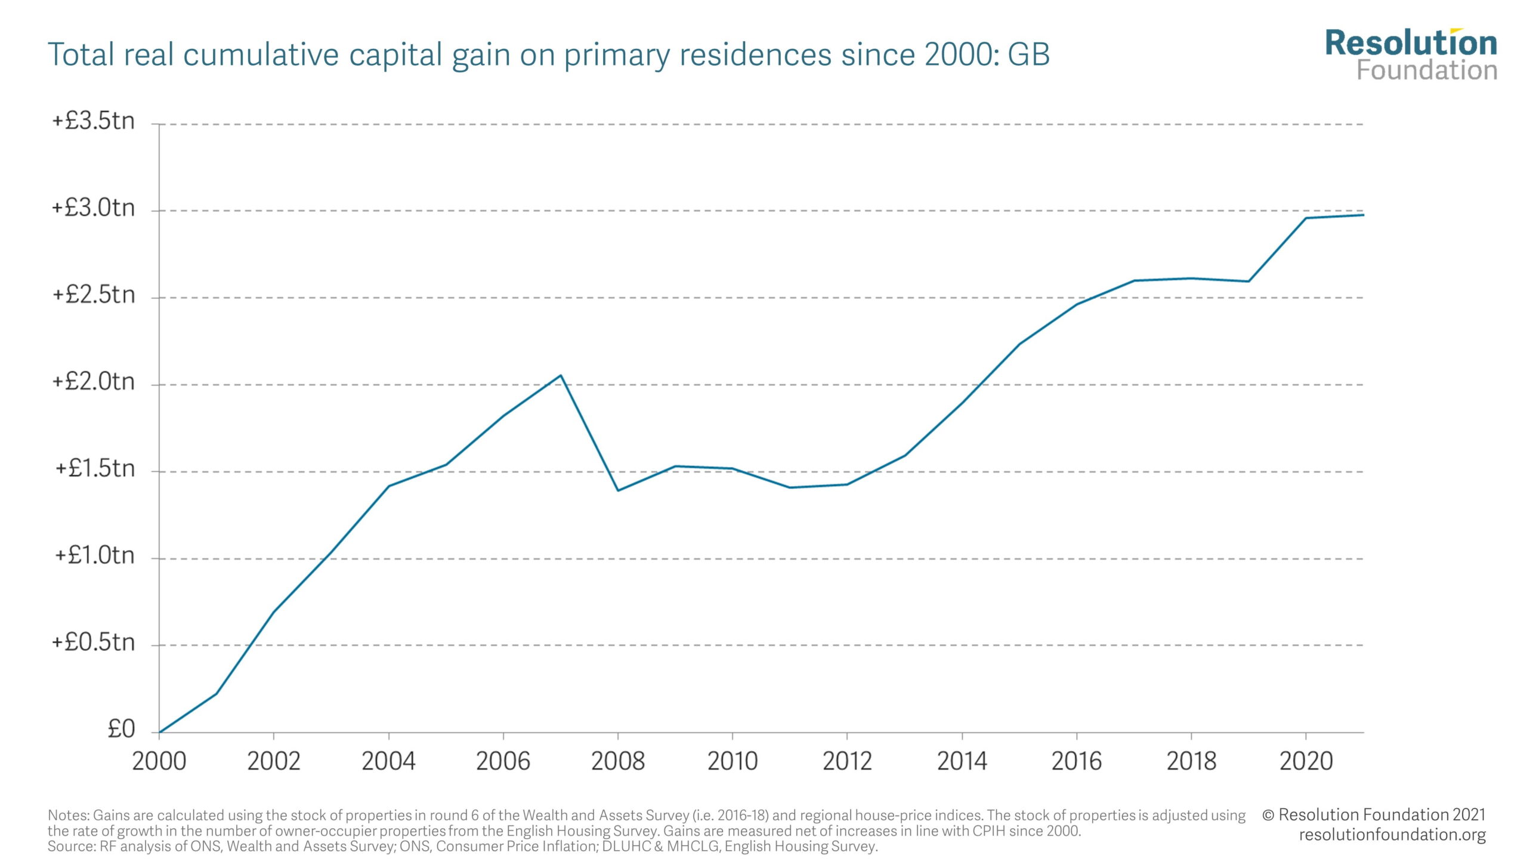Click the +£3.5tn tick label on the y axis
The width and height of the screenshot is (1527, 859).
(x=94, y=122)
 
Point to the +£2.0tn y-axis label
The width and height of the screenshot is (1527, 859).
(x=94, y=382)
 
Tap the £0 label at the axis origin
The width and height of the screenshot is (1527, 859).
(x=121, y=729)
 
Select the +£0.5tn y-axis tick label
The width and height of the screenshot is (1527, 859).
(x=94, y=642)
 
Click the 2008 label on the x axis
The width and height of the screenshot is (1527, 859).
(x=618, y=761)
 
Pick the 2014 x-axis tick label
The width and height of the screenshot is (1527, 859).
(x=962, y=761)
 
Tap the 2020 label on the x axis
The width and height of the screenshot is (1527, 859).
(x=1306, y=761)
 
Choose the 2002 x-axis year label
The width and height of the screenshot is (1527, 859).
(x=274, y=761)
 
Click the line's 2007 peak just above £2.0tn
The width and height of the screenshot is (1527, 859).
(x=561, y=375)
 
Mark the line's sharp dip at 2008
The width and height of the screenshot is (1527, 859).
(x=618, y=490)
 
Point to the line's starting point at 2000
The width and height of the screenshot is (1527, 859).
(x=159, y=732)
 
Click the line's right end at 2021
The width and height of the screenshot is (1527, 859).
(x=1363, y=215)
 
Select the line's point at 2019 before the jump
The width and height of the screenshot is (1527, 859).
(x=1248, y=281)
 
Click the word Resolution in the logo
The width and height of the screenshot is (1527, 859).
(x=1411, y=43)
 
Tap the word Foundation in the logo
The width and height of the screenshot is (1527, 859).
(x=1427, y=70)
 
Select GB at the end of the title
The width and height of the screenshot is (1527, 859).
(x=1028, y=55)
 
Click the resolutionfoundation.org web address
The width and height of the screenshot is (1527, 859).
(x=1392, y=835)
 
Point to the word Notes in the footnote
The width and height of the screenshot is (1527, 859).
(x=68, y=815)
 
